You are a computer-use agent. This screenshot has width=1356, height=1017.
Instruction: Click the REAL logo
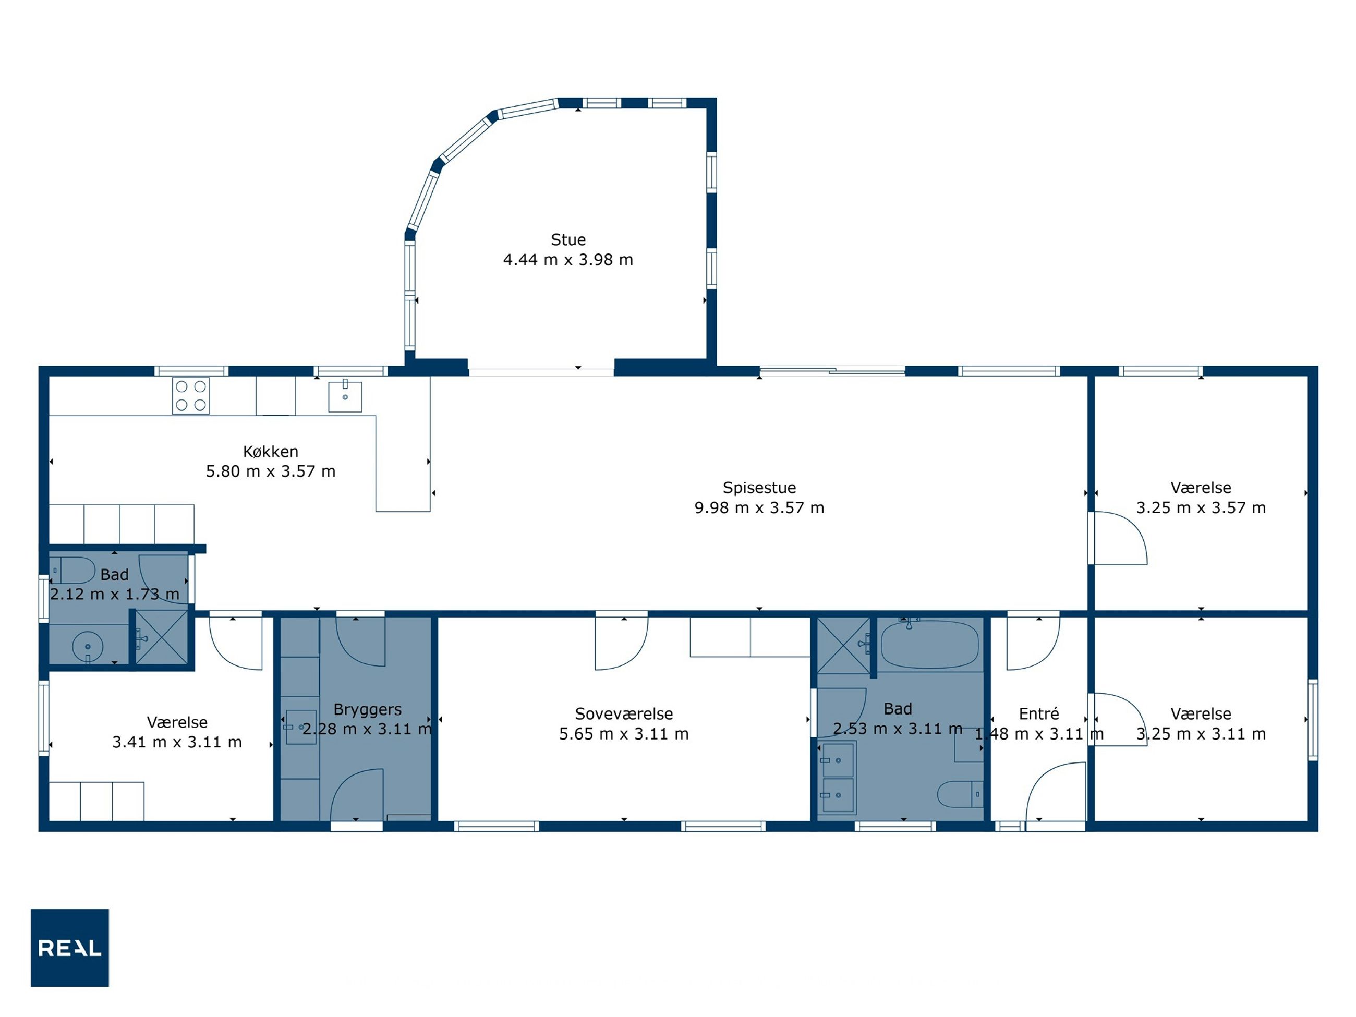click(70, 948)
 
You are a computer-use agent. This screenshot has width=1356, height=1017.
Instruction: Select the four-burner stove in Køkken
click(191, 396)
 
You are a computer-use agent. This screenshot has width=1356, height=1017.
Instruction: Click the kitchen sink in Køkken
click(345, 396)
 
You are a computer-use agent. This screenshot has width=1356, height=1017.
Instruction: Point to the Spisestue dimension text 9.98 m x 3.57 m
click(759, 507)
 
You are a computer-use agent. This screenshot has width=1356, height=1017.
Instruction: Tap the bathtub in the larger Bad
click(929, 644)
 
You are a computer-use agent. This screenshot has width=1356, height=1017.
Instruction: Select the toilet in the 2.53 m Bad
click(960, 794)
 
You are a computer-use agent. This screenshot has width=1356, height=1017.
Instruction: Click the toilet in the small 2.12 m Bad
click(72, 570)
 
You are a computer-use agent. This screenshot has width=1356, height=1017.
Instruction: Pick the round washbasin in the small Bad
click(88, 646)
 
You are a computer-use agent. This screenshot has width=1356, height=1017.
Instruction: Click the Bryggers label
click(367, 709)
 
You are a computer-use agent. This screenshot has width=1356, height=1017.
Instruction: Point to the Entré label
click(1038, 713)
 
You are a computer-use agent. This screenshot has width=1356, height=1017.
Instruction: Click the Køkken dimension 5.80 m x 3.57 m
click(270, 471)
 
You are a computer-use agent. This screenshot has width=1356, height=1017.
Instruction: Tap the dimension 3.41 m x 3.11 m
click(177, 742)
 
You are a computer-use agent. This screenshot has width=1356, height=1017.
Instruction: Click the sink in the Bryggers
click(301, 727)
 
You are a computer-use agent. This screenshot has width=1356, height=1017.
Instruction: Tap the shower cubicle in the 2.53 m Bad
click(843, 646)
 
